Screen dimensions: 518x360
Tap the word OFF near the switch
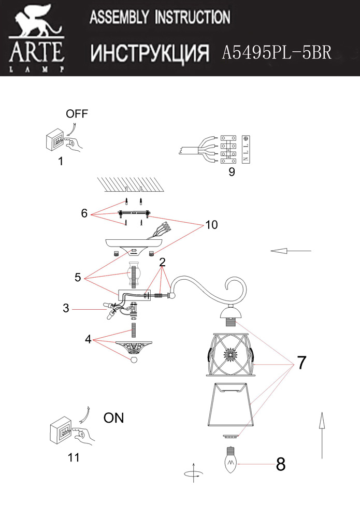point(77,114)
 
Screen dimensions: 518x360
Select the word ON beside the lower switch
point(114,418)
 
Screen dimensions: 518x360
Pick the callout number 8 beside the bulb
point(281,464)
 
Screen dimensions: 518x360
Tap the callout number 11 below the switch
point(74,457)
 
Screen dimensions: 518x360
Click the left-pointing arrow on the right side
point(291,251)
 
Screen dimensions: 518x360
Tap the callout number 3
point(66,309)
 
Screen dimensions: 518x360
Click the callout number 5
point(78,277)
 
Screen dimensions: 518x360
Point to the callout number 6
point(84,213)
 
